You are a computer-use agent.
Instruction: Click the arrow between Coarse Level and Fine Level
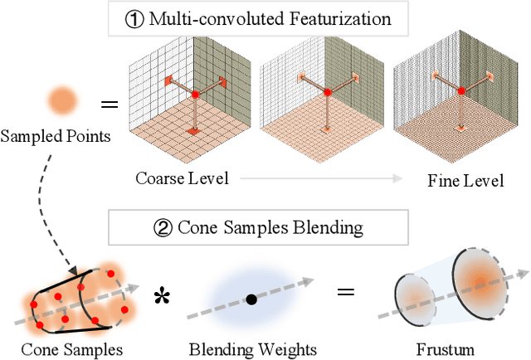click(315, 178)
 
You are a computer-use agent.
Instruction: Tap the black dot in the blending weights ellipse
click(251, 299)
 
